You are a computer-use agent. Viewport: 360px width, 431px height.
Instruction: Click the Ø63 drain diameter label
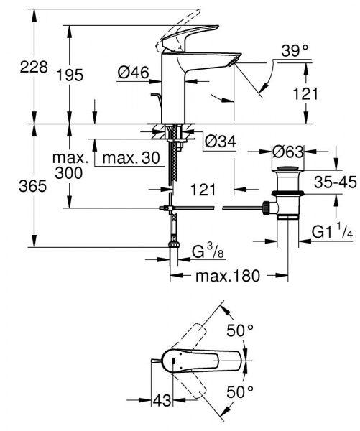pyautogui.click(x=288, y=152)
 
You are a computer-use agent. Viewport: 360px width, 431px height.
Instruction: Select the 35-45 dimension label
pyautogui.click(x=336, y=182)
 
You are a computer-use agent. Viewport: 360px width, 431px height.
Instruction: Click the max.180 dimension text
pyautogui.click(x=227, y=276)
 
